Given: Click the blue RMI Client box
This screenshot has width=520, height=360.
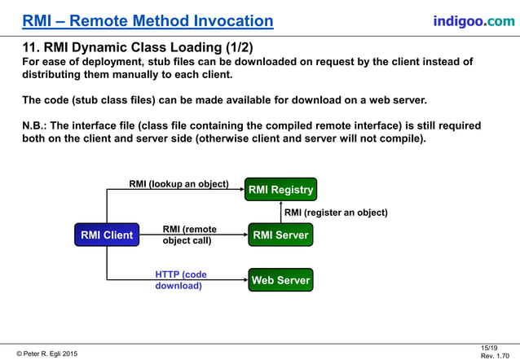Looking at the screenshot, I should coord(106,235).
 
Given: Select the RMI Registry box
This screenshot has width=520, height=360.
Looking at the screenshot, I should coord(280,190).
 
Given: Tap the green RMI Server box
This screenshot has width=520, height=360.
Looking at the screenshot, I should coord(280,235).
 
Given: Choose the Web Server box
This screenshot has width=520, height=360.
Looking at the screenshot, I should coord(280,280).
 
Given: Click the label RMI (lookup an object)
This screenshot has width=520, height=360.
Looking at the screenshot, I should coord(178,183).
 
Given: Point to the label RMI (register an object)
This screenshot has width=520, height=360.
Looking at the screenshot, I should coord(335,213).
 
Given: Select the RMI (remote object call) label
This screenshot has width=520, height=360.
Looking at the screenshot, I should coord(189,235).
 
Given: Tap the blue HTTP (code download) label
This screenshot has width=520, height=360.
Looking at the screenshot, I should coord(181,280).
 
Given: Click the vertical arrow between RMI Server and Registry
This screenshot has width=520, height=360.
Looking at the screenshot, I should coord(280,213).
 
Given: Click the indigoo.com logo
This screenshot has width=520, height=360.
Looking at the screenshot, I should coord(474,20).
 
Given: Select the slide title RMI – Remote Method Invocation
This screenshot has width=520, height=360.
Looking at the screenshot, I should coord(148,21).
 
